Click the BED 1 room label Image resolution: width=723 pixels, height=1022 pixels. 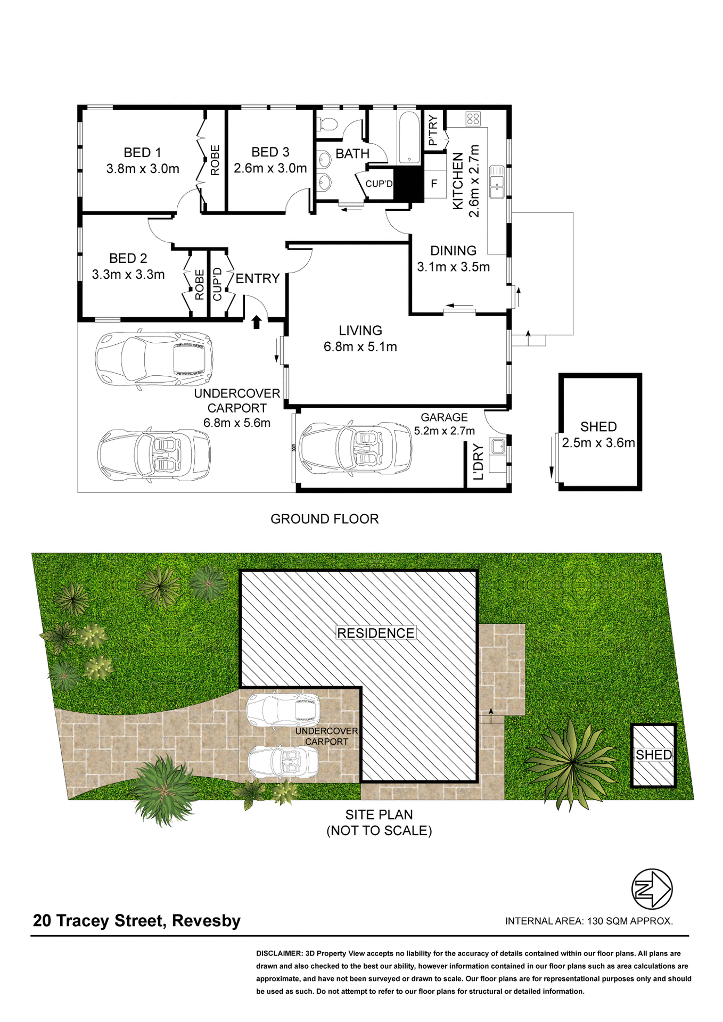(142, 153)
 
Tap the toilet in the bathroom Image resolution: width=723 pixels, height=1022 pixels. (327, 124)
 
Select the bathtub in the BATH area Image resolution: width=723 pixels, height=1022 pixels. (409, 136)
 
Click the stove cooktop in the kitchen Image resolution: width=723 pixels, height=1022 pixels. (473, 119)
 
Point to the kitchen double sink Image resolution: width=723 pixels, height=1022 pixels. (497, 182)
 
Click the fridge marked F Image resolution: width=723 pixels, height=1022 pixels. (434, 184)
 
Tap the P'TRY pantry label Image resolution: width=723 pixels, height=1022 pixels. (433, 131)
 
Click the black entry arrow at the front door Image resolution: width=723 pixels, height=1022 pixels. (256, 322)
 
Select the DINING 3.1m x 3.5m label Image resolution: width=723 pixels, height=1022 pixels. (453, 259)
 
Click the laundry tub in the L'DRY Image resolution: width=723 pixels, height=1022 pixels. (498, 446)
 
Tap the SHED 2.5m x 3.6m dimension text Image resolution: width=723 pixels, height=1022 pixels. (598, 443)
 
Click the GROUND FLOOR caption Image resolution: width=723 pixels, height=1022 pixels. (324, 519)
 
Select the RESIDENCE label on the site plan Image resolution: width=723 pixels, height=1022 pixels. (375, 633)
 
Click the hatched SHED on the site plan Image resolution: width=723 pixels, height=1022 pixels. (653, 755)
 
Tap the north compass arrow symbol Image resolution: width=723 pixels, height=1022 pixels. (652, 889)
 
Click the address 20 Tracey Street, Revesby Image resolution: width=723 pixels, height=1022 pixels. (137, 921)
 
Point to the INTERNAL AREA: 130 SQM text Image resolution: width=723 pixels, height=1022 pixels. (589, 921)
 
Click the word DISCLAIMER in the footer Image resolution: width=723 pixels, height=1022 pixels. (279, 954)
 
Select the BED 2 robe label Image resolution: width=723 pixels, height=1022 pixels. (200, 285)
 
